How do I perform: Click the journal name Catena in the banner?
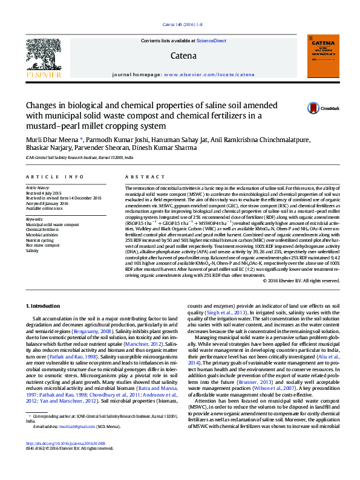click(184, 56)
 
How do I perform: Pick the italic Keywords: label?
click(34, 219)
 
